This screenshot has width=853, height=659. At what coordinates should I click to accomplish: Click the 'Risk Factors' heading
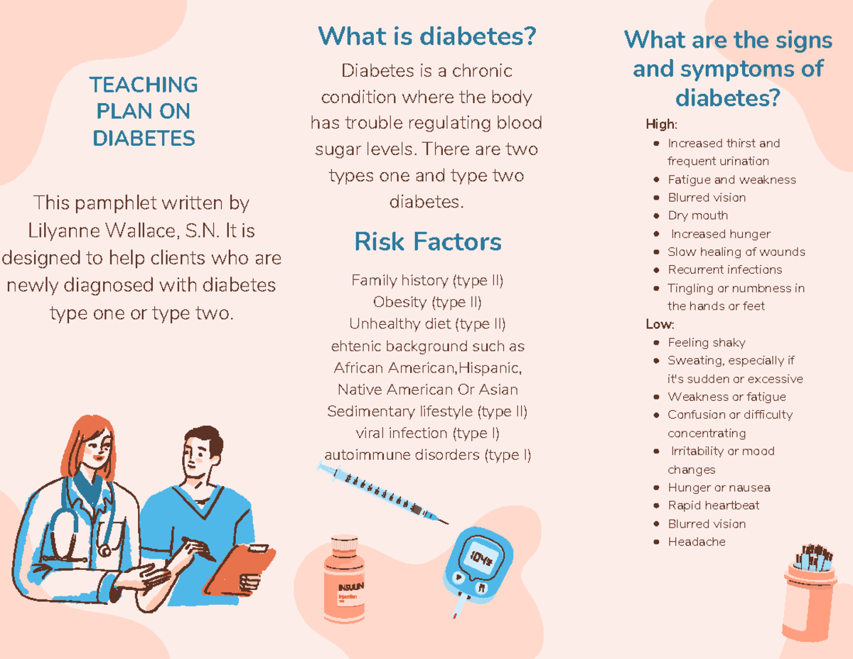pos(428,242)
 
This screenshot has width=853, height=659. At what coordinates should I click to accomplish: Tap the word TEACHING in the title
pos(144,85)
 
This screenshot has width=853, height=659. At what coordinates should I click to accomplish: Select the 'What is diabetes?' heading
pos(427,36)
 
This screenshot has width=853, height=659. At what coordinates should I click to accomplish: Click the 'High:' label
pos(662,124)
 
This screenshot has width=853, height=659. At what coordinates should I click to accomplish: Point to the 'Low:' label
pos(660,324)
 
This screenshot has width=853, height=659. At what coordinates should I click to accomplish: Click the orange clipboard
pos(240,569)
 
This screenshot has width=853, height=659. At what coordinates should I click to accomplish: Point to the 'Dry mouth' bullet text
pos(698,215)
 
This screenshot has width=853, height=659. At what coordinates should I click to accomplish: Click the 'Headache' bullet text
pos(697,542)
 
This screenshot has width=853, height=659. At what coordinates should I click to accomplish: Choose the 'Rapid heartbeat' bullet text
pos(714,505)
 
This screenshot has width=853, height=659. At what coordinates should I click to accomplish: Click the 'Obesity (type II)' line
pos(427,302)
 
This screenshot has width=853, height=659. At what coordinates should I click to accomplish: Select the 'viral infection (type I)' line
pos(427,434)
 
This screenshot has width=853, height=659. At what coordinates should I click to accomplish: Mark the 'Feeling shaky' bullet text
pos(707,343)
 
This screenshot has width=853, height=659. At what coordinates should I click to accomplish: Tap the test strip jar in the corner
pos(810,592)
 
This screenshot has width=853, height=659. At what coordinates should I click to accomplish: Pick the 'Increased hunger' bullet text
pos(721,234)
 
